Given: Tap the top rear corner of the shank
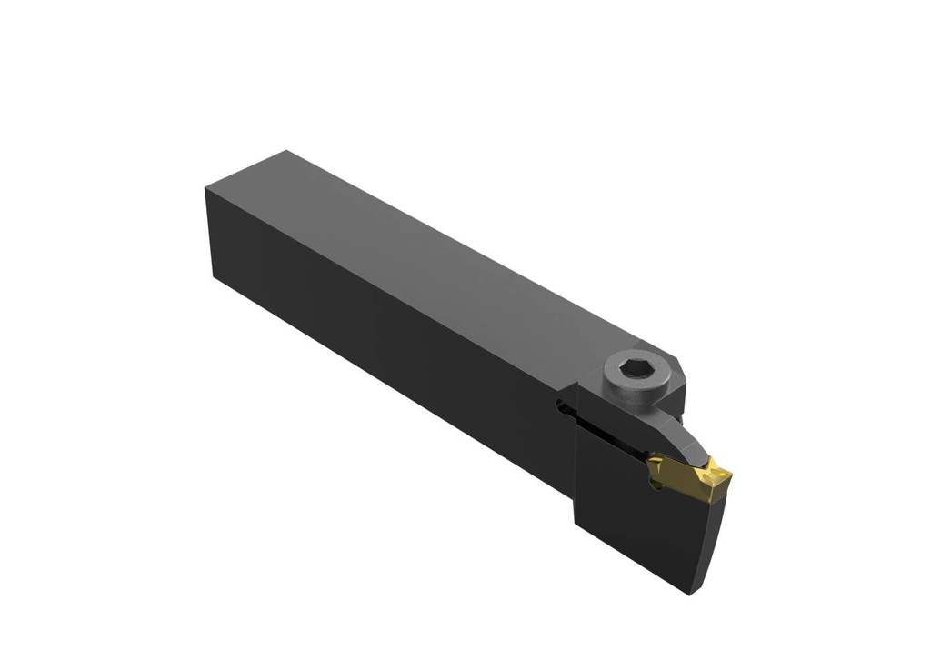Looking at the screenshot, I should (x=286, y=152).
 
